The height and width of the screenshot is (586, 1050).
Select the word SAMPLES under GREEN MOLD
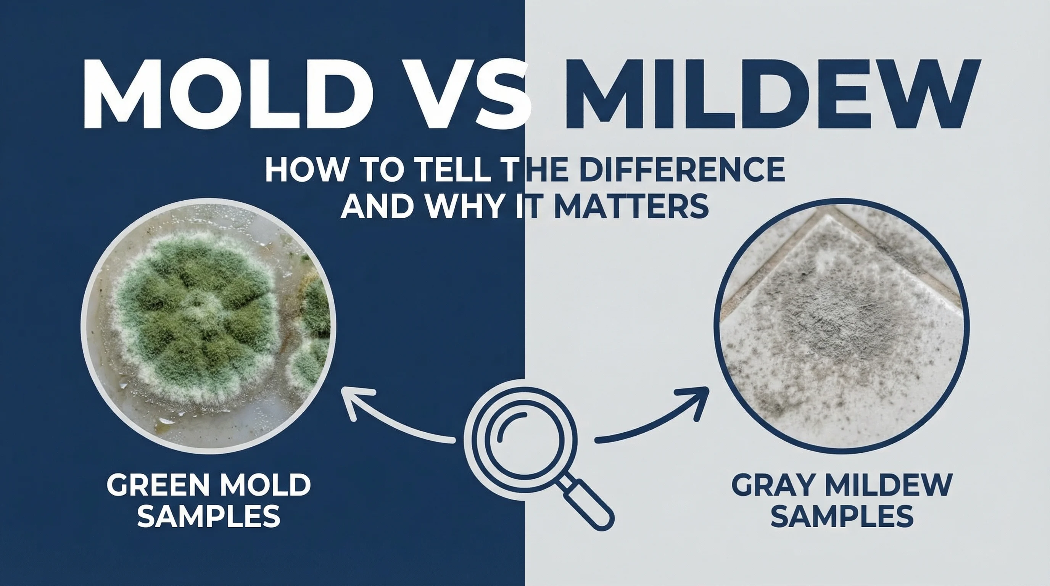pos(209,516)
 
